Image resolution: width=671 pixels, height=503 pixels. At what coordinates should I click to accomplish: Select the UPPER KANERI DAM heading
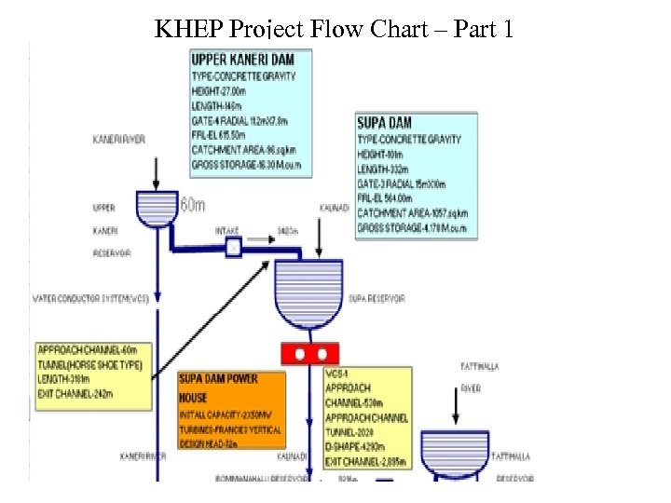(x=242, y=60)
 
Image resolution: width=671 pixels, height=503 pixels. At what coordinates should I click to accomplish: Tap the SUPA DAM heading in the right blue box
(x=384, y=122)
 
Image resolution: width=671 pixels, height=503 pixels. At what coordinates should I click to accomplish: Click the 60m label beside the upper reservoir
(x=192, y=205)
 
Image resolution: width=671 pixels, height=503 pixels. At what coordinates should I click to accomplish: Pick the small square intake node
(x=234, y=246)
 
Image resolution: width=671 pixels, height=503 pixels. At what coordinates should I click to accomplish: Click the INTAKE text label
(x=226, y=229)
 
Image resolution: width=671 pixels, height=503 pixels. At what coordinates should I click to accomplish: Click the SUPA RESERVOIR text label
(x=377, y=299)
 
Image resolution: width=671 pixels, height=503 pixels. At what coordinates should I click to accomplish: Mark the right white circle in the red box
(x=322, y=353)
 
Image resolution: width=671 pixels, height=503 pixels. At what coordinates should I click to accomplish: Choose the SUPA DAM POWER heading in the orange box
(x=218, y=379)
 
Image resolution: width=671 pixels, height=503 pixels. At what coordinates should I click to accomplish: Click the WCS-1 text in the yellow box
(x=335, y=374)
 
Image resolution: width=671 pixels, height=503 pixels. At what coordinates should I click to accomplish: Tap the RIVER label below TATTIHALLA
(x=471, y=388)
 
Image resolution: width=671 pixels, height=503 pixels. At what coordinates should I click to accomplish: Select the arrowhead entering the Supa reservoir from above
(x=319, y=252)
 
